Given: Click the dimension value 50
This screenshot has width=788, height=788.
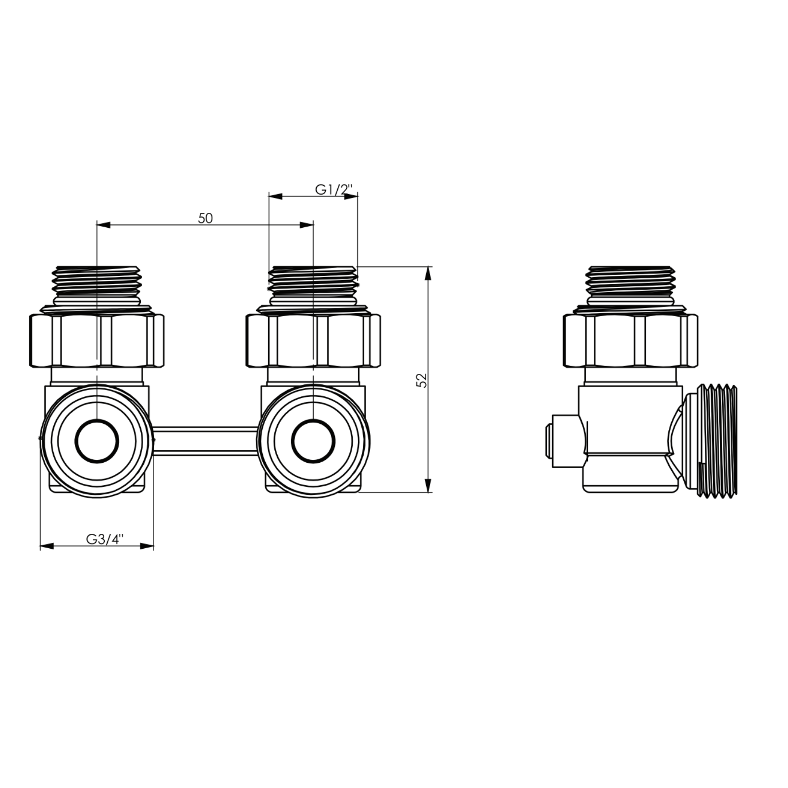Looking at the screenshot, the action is (205, 218).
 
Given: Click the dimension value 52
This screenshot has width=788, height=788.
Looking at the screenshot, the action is (421, 380).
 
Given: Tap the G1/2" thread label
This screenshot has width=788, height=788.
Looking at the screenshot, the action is (334, 189).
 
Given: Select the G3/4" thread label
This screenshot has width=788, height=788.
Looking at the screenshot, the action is (105, 539).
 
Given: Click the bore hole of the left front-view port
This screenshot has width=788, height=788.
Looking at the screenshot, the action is (97, 441).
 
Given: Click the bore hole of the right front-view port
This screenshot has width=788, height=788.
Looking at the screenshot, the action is (313, 441).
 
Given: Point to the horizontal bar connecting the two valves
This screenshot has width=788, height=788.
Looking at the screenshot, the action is (205, 440).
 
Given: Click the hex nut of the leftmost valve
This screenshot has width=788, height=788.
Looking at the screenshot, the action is (97, 340).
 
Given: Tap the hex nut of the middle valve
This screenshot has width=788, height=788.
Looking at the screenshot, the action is (313, 340).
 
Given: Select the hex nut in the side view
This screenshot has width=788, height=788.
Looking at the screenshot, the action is (630, 340).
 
